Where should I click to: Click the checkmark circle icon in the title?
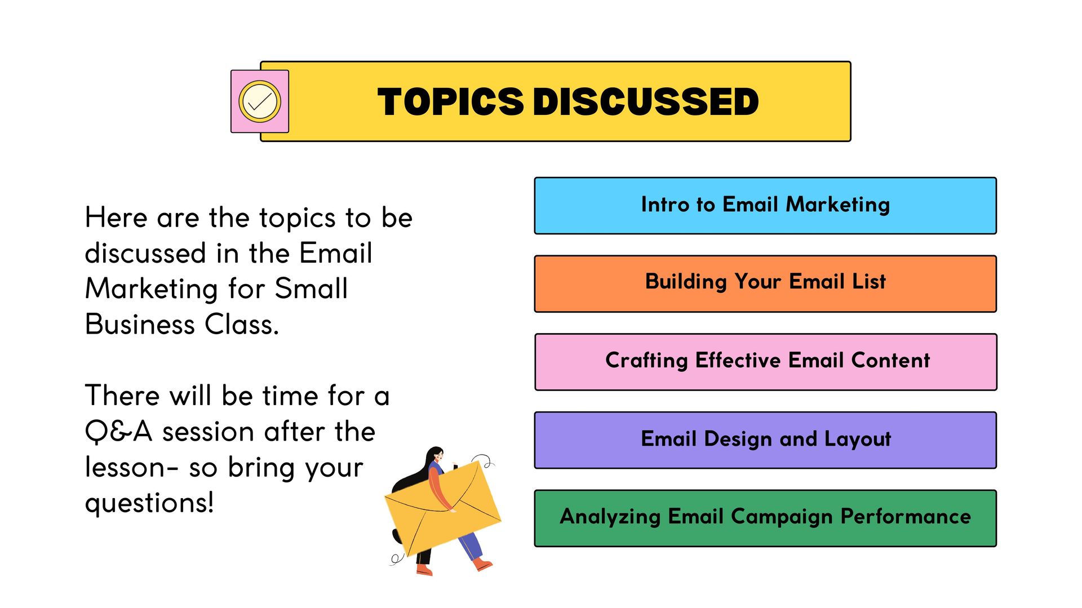260,101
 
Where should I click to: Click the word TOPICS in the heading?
451,102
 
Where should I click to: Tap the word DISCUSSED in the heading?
646,102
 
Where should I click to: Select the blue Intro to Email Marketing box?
765,206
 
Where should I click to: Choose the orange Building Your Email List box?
765,284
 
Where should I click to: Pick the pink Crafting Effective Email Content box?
765,362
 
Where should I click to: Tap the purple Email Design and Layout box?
765,440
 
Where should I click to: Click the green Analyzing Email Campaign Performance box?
765,518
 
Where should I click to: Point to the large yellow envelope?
442,508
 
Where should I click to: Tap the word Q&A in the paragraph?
118,432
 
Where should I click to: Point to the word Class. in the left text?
242,325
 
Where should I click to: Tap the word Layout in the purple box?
858,440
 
